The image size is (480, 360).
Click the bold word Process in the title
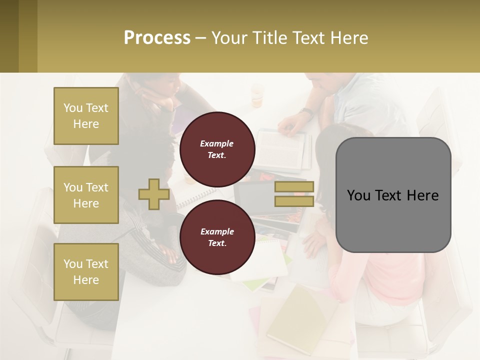tap(157, 37)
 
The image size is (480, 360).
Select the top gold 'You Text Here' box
tap(86, 116)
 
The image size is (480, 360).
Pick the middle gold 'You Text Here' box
tap(86, 195)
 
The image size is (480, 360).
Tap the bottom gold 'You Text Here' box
tap(86, 272)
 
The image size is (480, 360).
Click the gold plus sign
tap(154, 194)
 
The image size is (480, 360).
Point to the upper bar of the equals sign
tap(293, 187)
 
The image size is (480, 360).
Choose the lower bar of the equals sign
tap(293, 201)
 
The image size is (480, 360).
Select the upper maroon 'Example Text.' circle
tap(217, 149)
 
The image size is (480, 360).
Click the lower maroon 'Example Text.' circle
tap(217, 237)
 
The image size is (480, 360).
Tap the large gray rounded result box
tap(393, 195)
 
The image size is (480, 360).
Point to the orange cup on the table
tap(257, 95)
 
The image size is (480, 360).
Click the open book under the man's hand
tap(282, 148)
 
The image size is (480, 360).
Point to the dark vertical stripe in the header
tap(28, 36)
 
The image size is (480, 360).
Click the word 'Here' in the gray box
tap(423, 195)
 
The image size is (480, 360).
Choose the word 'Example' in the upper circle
tap(217, 143)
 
